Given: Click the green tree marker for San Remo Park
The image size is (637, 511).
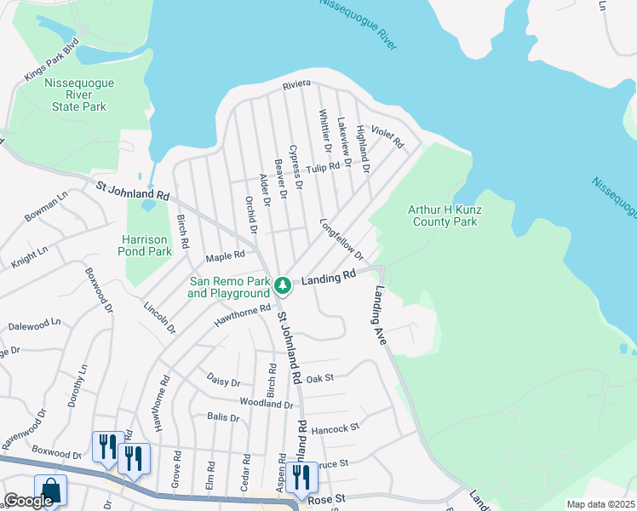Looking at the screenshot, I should [x=283, y=285].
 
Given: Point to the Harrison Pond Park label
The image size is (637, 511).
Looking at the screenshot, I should [x=146, y=245].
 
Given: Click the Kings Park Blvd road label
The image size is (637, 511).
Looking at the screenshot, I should [x=52, y=59].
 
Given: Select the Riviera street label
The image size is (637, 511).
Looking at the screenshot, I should [x=297, y=85].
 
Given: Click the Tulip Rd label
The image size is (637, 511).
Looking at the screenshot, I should [x=323, y=169].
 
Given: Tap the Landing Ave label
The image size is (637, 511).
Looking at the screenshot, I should [x=379, y=315].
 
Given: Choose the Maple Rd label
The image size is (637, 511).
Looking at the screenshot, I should [x=226, y=255].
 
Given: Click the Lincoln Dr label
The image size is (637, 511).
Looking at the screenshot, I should [x=160, y=316].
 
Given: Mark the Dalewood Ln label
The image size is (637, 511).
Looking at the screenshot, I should [x=34, y=324].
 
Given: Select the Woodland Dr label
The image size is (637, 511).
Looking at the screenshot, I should [x=267, y=404].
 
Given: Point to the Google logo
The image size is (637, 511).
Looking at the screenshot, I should [x=28, y=501].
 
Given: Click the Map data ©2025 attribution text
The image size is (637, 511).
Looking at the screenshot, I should [x=600, y=504].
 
